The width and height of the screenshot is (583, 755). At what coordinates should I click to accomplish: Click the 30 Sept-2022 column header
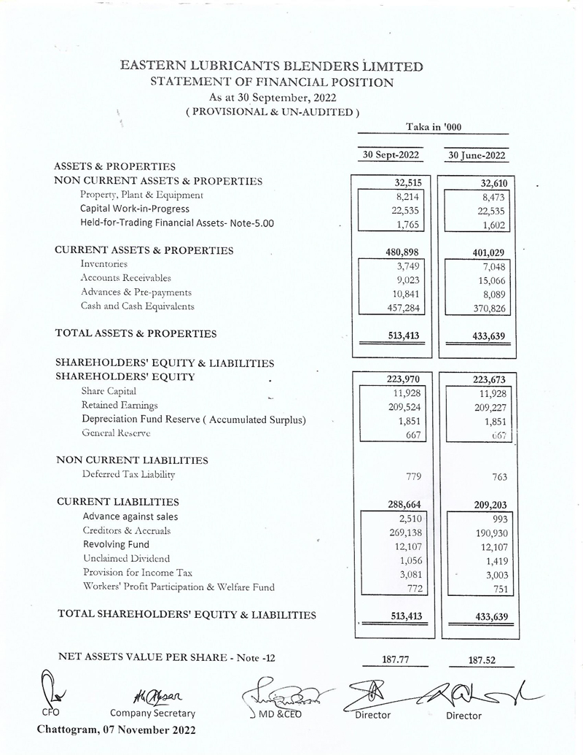(x=393, y=155)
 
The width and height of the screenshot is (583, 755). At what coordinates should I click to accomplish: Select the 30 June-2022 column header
(x=477, y=155)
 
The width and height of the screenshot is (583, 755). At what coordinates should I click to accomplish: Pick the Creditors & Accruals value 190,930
(x=482, y=533)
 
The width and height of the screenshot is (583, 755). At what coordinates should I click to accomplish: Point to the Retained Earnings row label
(x=120, y=405)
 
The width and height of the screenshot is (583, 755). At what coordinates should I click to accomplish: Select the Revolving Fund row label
(x=116, y=544)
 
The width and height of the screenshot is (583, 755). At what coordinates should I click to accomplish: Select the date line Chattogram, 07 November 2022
(x=116, y=729)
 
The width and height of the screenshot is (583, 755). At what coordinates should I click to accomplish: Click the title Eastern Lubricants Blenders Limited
(x=271, y=66)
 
